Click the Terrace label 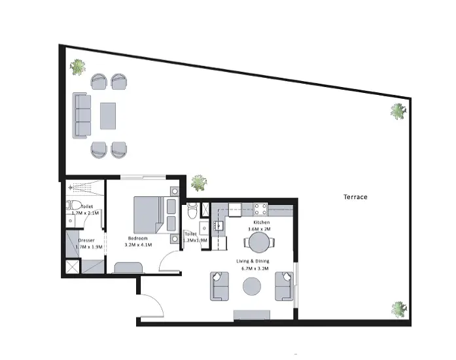pos(355,197)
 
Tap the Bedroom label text pos(138,238)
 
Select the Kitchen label pos(262,223)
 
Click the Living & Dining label pos(253,261)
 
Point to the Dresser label pos(86,240)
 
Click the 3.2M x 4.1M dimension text pos(138,245)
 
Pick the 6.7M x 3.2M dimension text pos(255,268)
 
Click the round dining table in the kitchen pos(259,242)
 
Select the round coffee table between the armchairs pos(252,287)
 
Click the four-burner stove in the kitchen pos(260,209)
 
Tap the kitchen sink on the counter pos(219,225)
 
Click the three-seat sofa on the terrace pos(81,115)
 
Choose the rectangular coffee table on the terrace pos(108,116)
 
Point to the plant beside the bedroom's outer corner pos(199,183)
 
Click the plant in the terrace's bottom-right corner pos(398,310)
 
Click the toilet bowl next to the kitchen pos(192,210)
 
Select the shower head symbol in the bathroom pos(70,188)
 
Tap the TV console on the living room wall pos(252,315)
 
